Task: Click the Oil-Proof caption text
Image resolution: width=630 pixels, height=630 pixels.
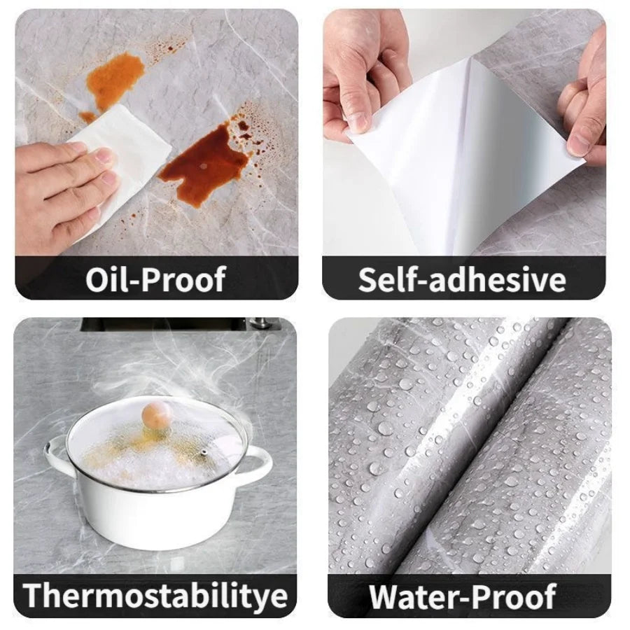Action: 155,279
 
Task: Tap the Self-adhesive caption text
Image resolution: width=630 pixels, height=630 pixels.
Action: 462,279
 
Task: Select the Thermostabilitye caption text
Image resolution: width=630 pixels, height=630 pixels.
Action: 155,595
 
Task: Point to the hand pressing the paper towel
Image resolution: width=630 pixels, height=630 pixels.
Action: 59,185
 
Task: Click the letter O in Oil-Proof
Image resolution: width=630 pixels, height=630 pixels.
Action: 99,279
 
